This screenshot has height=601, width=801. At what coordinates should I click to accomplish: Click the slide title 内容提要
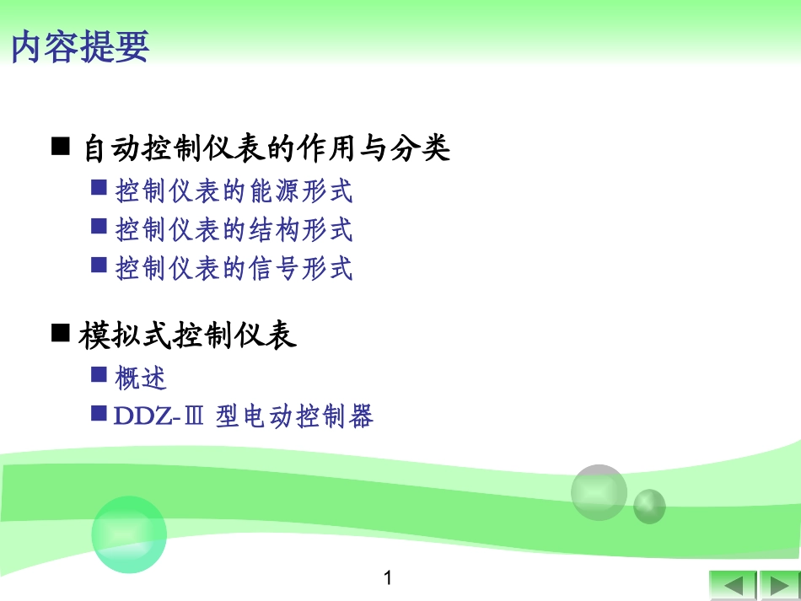click(80, 47)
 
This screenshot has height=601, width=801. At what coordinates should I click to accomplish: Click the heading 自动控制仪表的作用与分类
click(266, 149)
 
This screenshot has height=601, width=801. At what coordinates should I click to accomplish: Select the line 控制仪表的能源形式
click(234, 191)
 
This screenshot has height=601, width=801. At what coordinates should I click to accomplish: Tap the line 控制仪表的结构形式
click(234, 230)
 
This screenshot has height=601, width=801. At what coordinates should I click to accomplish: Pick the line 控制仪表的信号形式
click(234, 269)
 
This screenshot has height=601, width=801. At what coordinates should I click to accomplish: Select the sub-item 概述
click(141, 378)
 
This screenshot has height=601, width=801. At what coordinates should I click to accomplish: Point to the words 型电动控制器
click(294, 416)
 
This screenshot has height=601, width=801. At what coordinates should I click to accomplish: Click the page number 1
click(388, 578)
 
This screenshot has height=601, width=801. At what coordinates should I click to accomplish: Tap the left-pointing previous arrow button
click(732, 585)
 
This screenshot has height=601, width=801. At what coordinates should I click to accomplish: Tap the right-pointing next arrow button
click(778, 585)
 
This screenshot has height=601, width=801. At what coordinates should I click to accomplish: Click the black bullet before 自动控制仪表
click(60, 148)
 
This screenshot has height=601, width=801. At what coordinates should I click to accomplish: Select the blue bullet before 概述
click(99, 374)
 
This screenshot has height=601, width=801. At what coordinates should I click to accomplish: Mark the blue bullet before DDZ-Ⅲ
click(99, 413)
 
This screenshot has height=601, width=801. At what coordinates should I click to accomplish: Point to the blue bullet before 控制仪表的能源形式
click(99, 188)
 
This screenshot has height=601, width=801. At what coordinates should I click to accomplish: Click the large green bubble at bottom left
click(128, 534)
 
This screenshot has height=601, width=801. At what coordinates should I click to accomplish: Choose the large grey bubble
click(599, 492)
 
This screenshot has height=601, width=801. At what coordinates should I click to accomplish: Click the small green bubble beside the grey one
click(649, 506)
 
